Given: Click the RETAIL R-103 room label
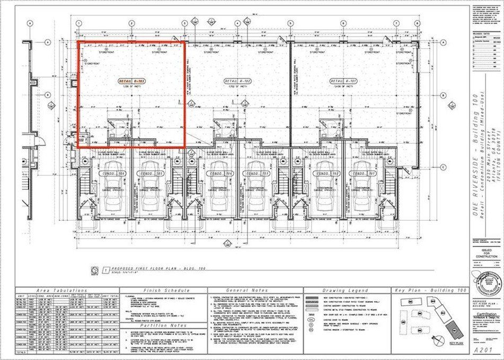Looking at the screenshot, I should pos(131,81).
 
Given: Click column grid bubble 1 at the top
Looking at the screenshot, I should pos(78,23).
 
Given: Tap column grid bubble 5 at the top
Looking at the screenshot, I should pos(290,23).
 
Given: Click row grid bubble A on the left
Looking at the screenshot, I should pos(47,42).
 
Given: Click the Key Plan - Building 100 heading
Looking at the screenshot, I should pos(429,291).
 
